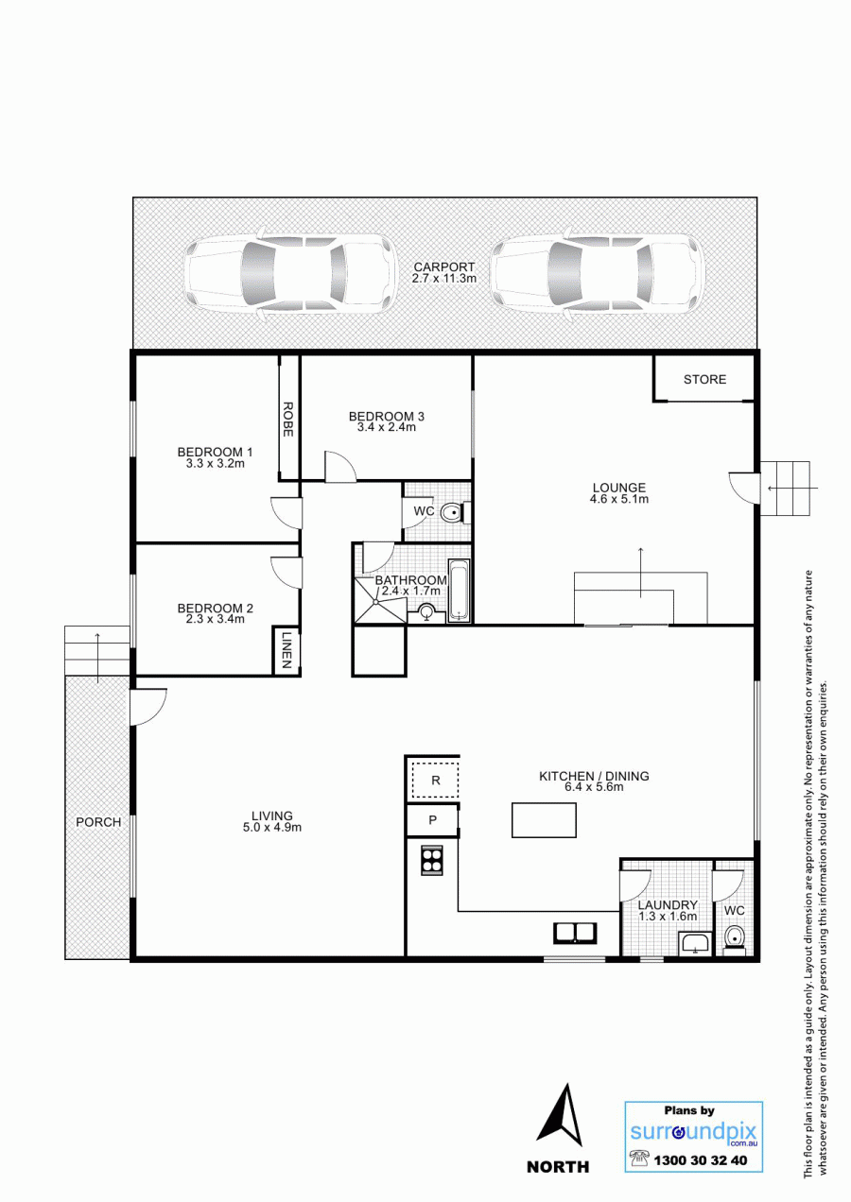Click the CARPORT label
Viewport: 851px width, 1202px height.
[444, 266]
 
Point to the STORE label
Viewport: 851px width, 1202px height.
[704, 379]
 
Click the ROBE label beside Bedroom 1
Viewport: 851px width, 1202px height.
[287, 419]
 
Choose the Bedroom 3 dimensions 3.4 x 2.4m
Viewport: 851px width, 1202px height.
[387, 428]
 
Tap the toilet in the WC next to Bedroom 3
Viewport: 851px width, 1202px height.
[455, 513]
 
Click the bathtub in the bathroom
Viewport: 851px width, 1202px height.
[459, 591]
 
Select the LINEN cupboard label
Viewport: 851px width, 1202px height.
[287, 650]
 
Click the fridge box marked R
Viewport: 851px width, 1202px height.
[436, 781]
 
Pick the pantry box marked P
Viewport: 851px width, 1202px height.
[432, 820]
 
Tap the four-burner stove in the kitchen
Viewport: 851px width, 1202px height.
[432, 860]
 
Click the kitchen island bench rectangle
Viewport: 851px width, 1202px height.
[544, 820]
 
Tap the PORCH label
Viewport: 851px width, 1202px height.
[98, 822]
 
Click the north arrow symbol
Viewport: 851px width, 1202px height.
[559, 1110]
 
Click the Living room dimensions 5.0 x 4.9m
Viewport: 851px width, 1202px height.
[272, 828]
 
